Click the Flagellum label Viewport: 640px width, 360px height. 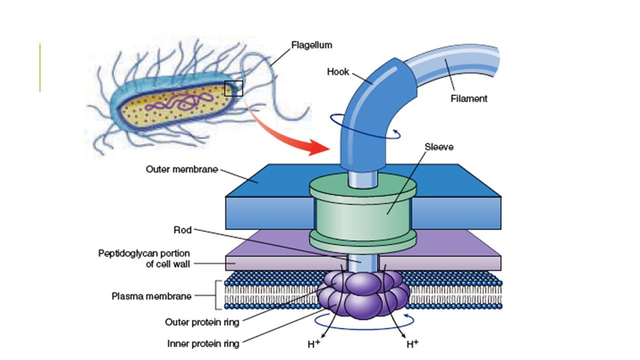tap(311, 45)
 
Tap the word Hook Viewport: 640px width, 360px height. tap(338, 71)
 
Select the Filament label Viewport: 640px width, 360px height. tap(468, 98)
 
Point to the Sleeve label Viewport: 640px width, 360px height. tap(439, 147)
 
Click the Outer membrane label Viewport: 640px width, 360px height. tap(181, 169)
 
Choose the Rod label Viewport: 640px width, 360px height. tap(182, 230)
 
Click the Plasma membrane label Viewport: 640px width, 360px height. tap(151, 296)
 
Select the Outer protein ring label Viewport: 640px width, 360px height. tap(202, 322)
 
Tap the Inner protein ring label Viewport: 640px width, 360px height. tap(203, 344)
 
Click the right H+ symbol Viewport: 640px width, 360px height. tap(412, 344)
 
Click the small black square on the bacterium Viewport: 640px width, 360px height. tap(233, 88)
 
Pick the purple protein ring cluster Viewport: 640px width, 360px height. tap(362, 295)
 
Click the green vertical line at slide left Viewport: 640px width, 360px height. tap(40, 67)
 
